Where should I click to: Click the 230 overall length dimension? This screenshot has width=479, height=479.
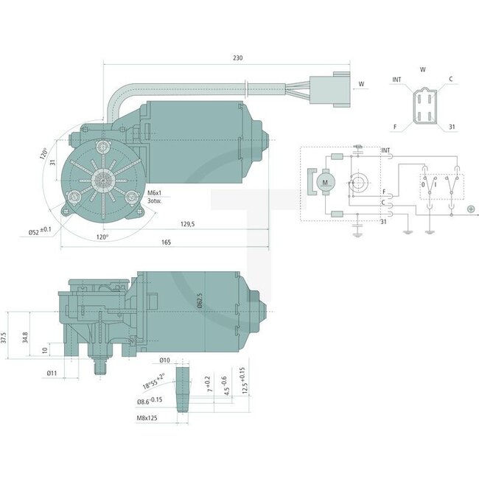pos(238,57)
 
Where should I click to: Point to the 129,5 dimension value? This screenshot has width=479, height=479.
pos(187,224)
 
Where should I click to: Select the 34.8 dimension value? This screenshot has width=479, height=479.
pos(26,338)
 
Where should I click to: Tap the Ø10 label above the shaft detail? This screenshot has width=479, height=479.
pos(165,360)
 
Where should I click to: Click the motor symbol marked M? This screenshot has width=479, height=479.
pos(325,181)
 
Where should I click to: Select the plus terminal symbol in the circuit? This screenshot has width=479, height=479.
pos(471,209)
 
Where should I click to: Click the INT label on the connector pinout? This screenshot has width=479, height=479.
pos(397,79)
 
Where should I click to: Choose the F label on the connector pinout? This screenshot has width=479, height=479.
pos(396,127)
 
